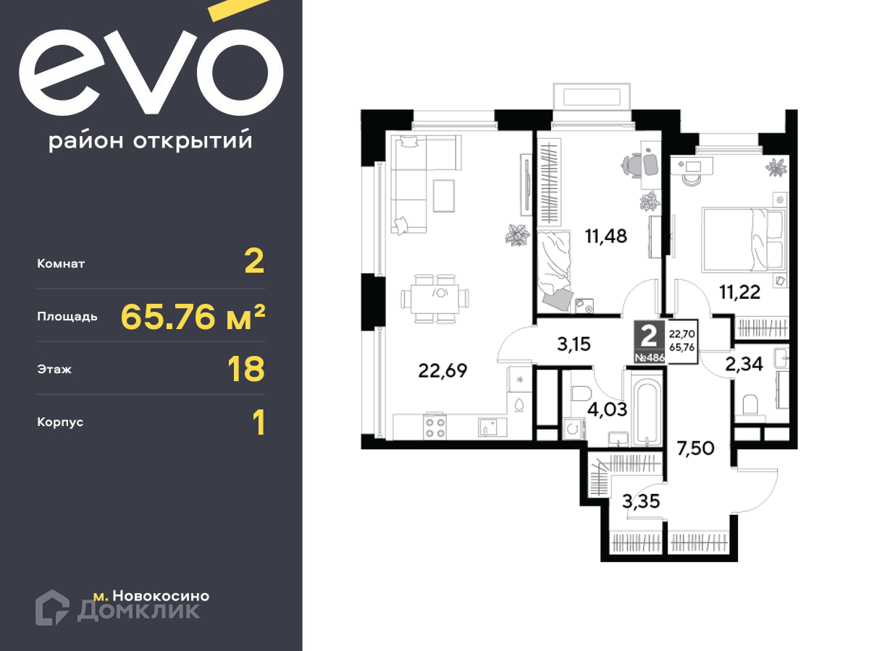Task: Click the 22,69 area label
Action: (442, 371)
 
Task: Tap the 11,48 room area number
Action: (605, 237)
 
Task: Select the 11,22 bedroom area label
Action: (739, 292)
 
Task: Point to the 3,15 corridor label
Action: (574, 344)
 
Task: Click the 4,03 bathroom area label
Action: (607, 410)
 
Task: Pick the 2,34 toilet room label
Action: (744, 364)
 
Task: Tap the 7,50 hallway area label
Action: (695, 448)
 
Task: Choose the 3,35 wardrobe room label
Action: (641, 501)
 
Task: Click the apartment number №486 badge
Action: (650, 357)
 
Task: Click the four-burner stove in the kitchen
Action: (435, 427)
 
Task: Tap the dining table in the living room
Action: (434, 299)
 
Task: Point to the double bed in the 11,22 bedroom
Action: (743, 239)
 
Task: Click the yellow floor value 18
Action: (245, 369)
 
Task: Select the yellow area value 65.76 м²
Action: (193, 317)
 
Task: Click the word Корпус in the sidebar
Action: (60, 422)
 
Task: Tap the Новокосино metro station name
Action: (161, 595)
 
